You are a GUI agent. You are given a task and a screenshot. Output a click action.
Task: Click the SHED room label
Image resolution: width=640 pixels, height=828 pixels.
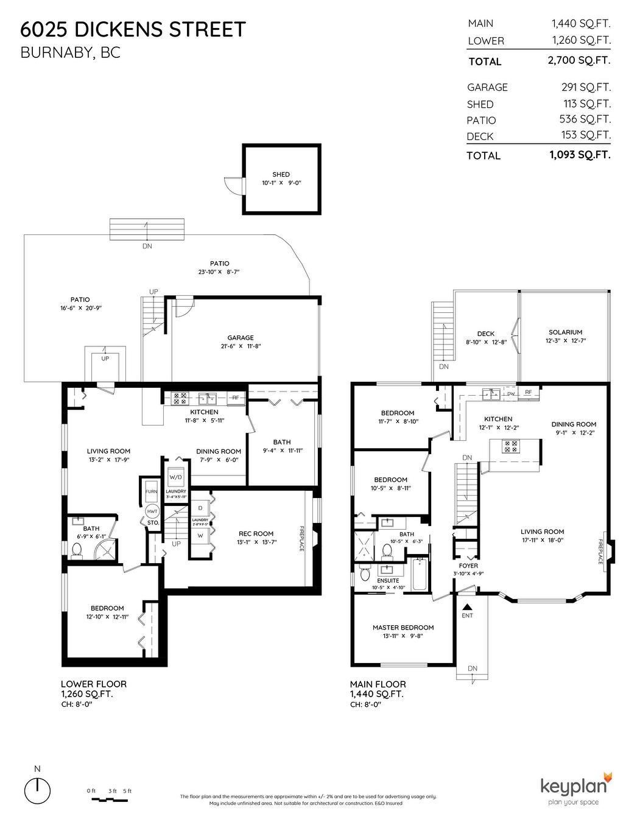click(281, 175)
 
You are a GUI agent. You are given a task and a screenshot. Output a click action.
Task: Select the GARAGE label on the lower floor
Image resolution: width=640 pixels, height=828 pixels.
click(241, 338)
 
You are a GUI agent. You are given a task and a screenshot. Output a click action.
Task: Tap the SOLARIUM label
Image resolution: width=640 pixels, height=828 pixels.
click(565, 332)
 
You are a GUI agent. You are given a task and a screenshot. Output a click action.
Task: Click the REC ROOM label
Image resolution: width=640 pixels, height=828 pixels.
click(255, 534)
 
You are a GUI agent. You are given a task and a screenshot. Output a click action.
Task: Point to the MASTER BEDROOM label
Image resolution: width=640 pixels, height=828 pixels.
click(403, 628)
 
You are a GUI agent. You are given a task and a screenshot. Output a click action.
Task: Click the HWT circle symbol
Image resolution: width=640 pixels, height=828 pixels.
click(152, 512)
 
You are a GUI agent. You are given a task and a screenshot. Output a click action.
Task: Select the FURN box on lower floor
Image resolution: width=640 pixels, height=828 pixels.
click(152, 491)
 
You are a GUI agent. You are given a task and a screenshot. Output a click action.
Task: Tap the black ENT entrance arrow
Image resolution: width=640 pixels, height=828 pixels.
click(467, 606)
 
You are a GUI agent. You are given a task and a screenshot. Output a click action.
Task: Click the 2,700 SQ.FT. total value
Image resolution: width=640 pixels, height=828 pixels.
click(579, 60)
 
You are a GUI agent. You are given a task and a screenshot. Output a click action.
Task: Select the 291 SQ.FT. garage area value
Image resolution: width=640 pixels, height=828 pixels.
click(586, 87)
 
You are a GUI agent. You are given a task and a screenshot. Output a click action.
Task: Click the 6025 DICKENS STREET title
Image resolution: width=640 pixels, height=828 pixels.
click(133, 29)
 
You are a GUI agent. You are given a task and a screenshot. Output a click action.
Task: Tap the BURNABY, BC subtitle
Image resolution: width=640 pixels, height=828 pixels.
click(71, 53)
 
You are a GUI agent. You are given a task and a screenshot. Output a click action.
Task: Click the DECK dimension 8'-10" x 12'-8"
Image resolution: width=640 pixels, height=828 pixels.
click(486, 342)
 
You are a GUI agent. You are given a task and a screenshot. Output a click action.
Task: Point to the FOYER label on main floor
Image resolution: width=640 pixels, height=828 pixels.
click(468, 566)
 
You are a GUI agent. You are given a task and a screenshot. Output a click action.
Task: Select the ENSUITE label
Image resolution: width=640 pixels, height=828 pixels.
click(388, 581)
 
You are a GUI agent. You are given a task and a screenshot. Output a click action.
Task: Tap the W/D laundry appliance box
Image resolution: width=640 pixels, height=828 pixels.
click(175, 477)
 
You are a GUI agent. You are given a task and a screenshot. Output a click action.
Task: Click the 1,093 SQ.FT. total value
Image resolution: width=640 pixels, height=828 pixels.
click(579, 155)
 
